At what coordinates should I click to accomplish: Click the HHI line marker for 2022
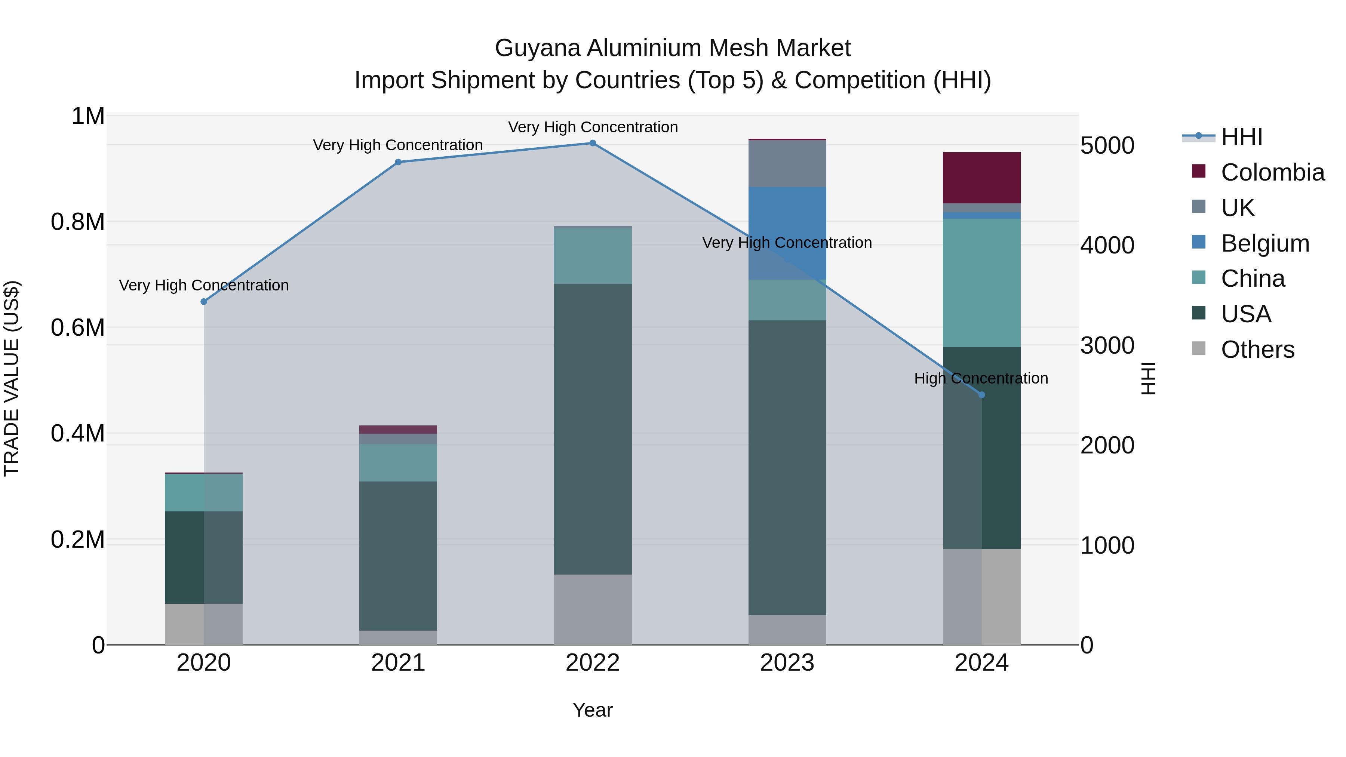click(593, 143)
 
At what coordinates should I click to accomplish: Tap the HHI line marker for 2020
click(204, 302)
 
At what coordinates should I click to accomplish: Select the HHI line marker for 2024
click(981, 395)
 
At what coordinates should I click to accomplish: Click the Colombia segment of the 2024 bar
click(981, 178)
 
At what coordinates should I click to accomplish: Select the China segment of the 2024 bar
click(981, 283)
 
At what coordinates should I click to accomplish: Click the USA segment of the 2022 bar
click(593, 429)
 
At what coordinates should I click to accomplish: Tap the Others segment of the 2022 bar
click(593, 609)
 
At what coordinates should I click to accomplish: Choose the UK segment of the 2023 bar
click(787, 163)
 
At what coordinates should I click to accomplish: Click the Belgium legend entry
click(1265, 243)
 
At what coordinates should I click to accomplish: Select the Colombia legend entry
click(1272, 172)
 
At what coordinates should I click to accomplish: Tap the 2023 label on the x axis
click(787, 663)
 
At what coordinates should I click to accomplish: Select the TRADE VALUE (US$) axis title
click(12, 378)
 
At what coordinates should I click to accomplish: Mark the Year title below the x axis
click(593, 710)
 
